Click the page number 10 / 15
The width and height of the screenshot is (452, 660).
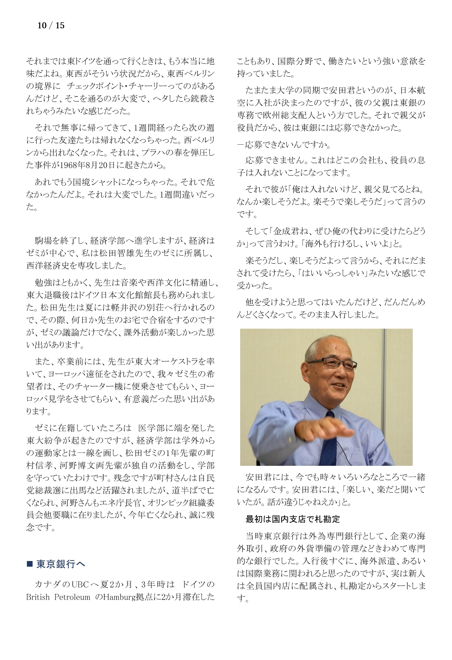(x=51, y=26)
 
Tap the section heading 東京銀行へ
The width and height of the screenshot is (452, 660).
(x=61, y=564)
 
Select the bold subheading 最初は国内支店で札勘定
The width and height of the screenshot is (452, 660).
(x=293, y=519)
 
